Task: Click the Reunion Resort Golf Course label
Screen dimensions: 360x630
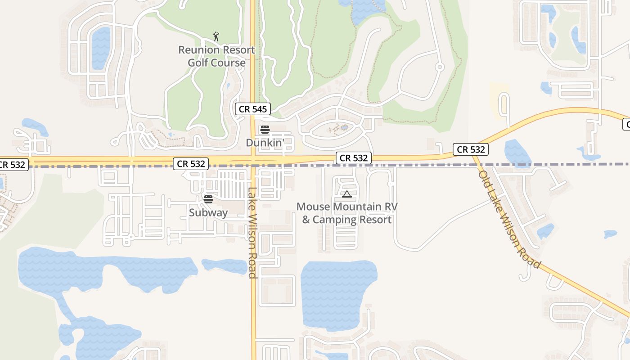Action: pos(216,56)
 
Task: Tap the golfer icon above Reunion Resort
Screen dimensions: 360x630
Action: pos(216,36)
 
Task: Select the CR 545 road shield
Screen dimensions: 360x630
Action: pos(253,108)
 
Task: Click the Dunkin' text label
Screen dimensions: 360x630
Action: pos(265,143)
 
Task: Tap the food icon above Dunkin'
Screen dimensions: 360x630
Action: pos(265,130)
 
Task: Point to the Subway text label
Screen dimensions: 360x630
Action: pos(208,212)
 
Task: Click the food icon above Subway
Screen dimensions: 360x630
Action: pos(208,199)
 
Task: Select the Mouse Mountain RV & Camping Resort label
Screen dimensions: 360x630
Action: pos(346,213)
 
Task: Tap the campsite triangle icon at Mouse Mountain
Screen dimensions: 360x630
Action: pos(346,194)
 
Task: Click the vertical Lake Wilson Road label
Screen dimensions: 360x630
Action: pos(252,233)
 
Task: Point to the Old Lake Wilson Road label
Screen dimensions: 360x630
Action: pos(509,220)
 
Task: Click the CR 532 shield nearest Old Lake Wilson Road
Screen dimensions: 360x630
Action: pos(471,149)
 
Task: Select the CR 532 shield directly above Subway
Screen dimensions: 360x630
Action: pos(191,164)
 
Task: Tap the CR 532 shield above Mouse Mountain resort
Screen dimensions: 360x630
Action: pos(354,158)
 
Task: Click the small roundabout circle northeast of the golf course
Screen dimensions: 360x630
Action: pos(440,67)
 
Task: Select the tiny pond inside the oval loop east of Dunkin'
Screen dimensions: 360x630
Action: pos(344,128)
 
